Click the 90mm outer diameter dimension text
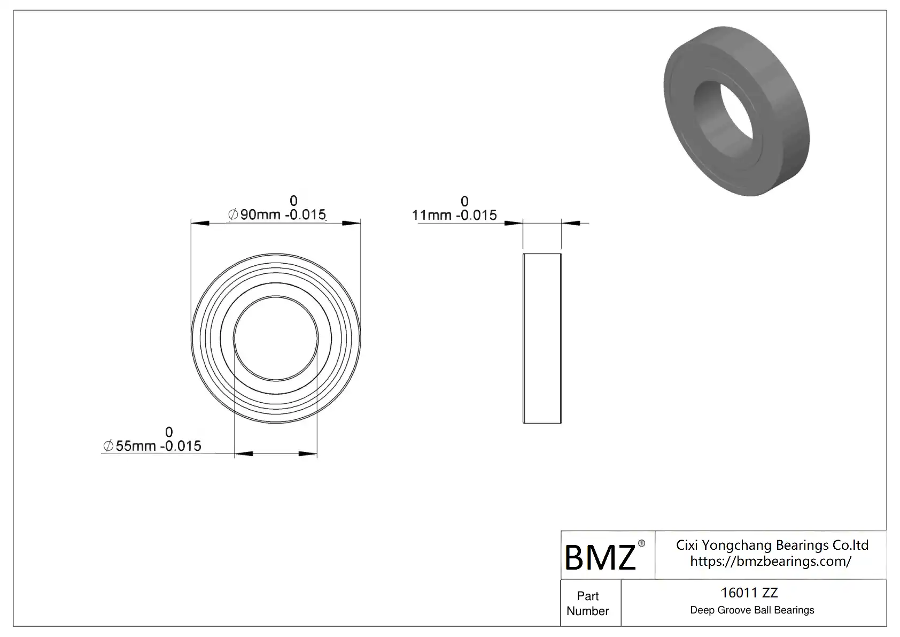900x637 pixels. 277,214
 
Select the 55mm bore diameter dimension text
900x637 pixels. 152,446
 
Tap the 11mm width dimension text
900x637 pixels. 454,215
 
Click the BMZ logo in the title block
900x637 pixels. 600,557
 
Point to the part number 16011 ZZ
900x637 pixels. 749,593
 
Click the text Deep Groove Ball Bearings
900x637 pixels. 752,610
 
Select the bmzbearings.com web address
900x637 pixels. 771,561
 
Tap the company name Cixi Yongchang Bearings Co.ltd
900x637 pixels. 772,545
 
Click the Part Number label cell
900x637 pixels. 587,603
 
